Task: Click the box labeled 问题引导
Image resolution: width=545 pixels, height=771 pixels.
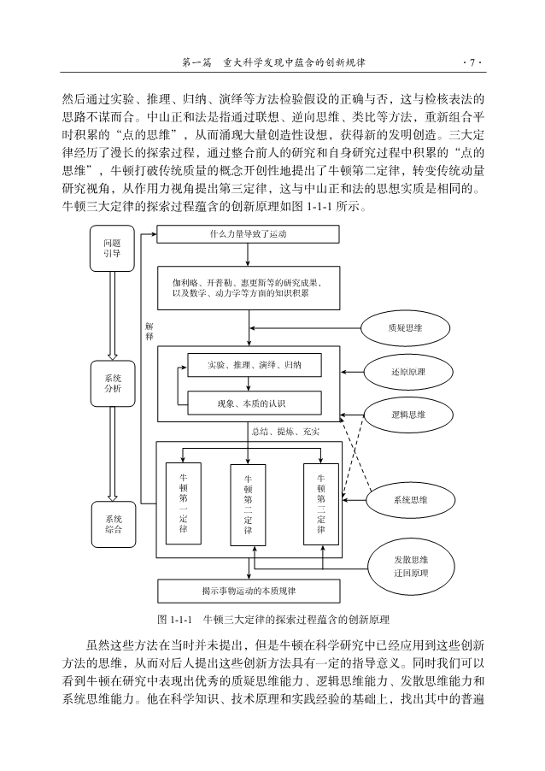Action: [x=112, y=249]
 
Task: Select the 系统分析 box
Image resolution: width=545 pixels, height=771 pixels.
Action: [x=112, y=384]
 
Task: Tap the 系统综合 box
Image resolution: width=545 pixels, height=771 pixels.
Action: [x=112, y=524]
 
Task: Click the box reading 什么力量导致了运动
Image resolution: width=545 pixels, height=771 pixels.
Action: [x=248, y=234]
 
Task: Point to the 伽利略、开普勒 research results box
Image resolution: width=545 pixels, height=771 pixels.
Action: [x=248, y=287]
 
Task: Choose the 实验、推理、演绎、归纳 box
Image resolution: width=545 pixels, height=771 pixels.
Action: [x=254, y=365]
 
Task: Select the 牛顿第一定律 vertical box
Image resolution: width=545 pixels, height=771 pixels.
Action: [x=183, y=503]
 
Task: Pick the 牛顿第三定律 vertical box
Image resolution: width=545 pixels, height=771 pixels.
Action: [x=320, y=503]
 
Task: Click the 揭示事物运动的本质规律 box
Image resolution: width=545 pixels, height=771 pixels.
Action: [x=249, y=590]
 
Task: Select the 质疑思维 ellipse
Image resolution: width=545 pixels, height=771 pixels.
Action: [x=405, y=327]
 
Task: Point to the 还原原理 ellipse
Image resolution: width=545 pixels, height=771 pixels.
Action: [x=407, y=372]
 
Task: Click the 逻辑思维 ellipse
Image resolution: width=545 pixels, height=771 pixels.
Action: [x=407, y=415]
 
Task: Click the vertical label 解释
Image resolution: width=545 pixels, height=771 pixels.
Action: [x=149, y=332]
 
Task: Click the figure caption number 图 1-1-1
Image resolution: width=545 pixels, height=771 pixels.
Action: [x=177, y=619]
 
